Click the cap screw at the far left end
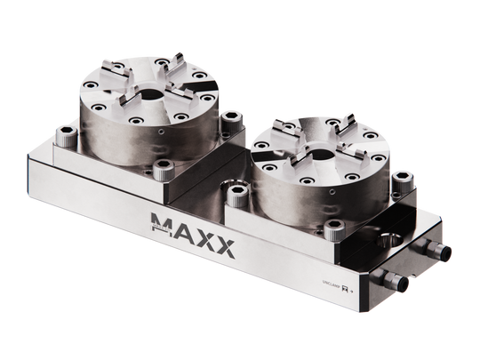point(64,135)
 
